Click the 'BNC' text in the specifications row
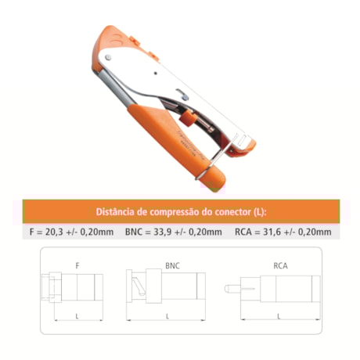click(x=135, y=232)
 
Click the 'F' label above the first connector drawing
click(x=77, y=266)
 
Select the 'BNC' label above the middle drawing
click(x=173, y=266)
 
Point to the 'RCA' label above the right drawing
click(x=280, y=266)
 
